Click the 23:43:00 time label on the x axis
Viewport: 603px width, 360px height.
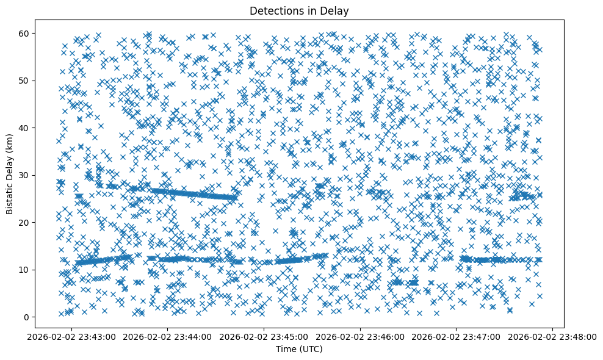click(x=72, y=336)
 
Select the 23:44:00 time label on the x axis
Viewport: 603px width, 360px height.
click(x=168, y=336)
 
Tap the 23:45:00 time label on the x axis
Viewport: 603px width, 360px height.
click(x=264, y=336)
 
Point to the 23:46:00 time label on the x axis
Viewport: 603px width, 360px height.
click(x=360, y=336)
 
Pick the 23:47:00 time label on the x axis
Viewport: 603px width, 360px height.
click(x=457, y=336)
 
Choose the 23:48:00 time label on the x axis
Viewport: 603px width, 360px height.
click(x=552, y=336)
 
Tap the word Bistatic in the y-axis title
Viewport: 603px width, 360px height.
click(x=10, y=197)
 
